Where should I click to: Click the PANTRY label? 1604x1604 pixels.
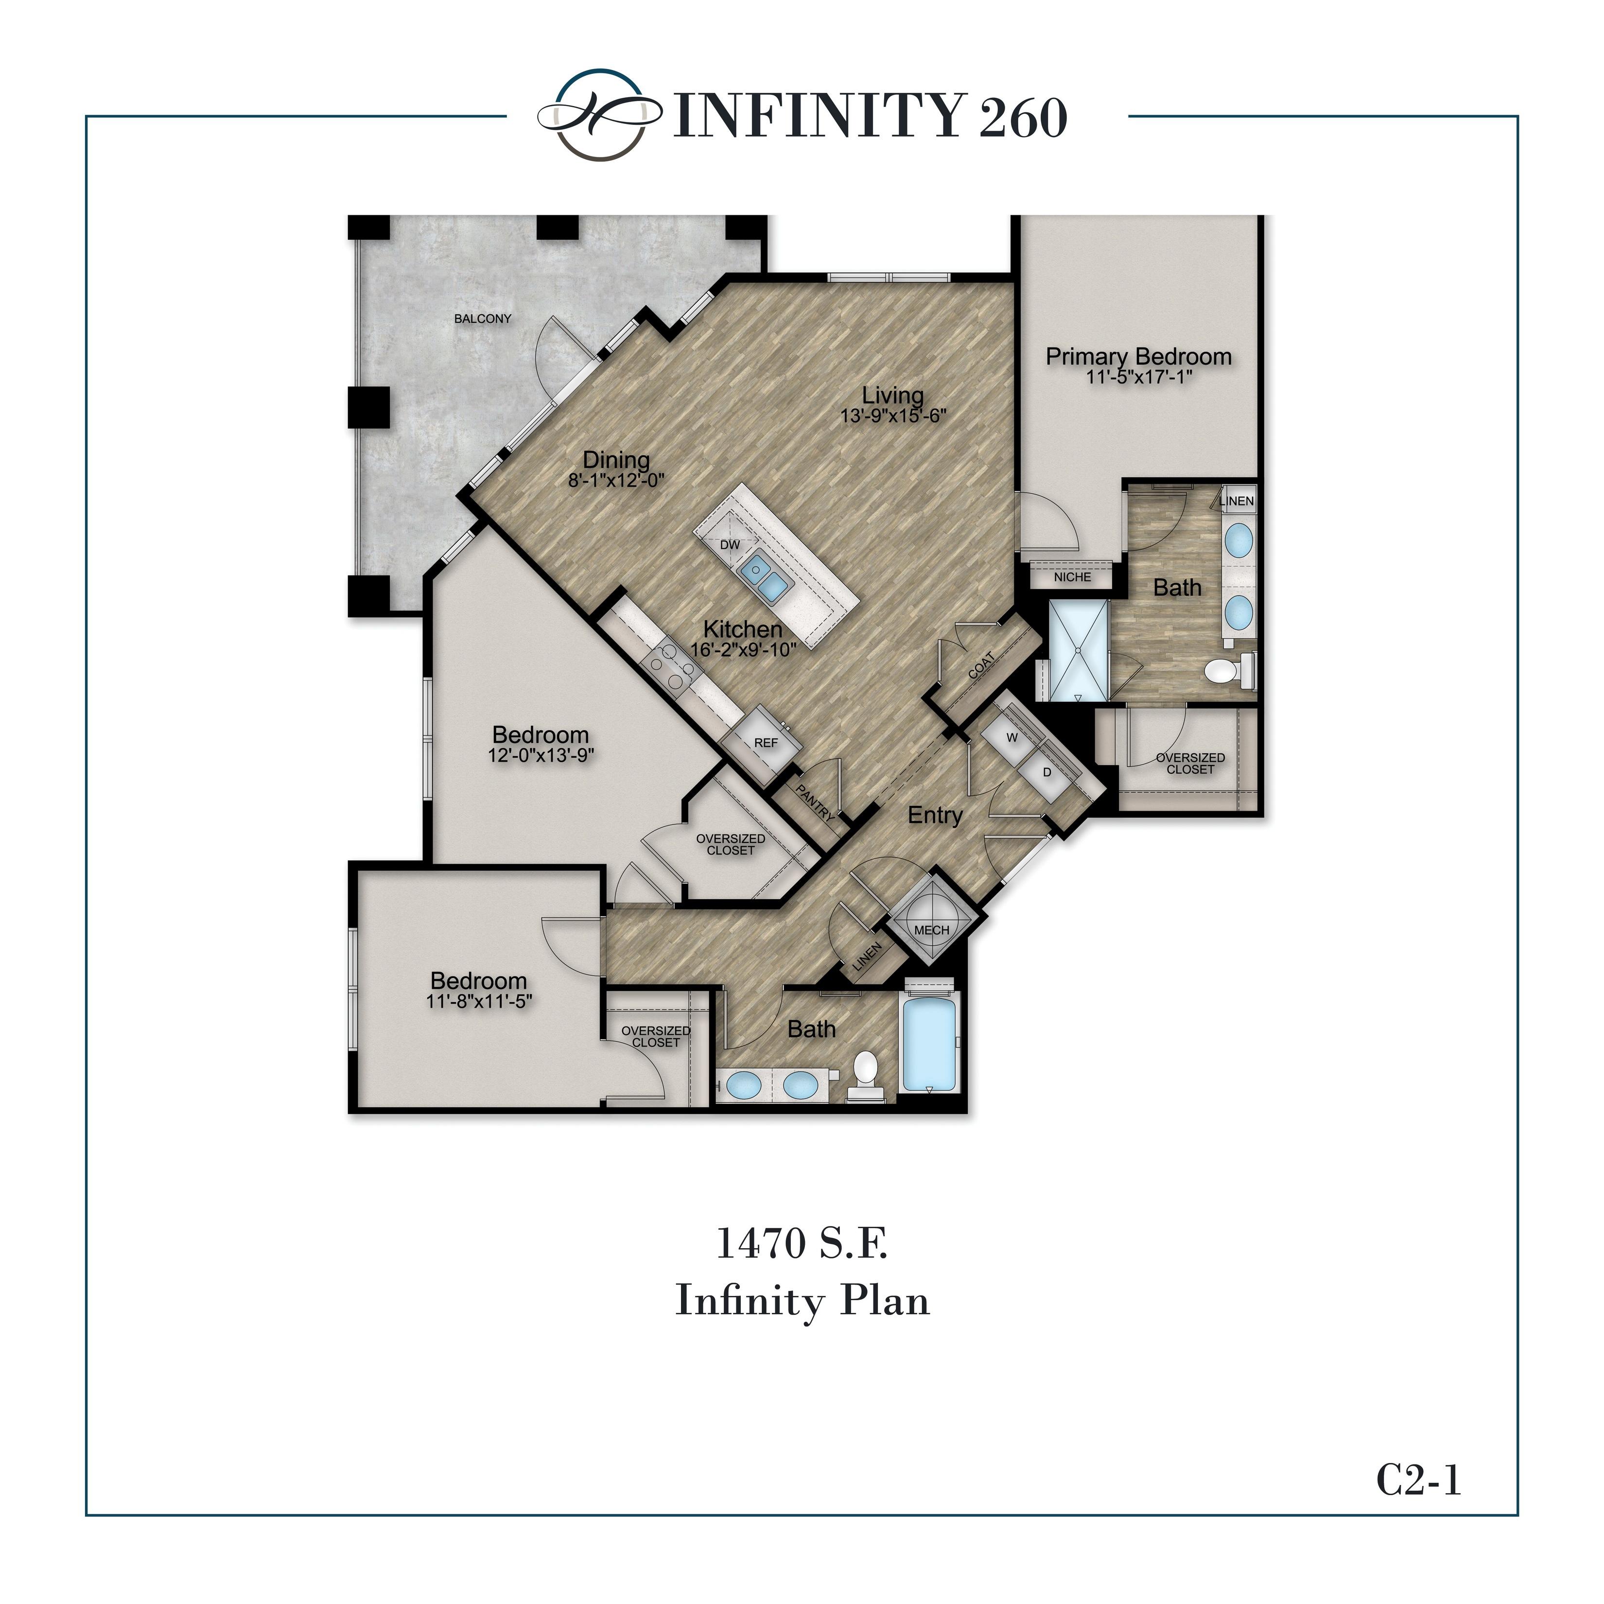(x=815, y=803)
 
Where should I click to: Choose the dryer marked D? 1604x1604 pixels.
(x=1047, y=772)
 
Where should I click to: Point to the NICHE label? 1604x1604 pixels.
(x=1072, y=577)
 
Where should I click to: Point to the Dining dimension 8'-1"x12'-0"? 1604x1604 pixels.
(x=616, y=480)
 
